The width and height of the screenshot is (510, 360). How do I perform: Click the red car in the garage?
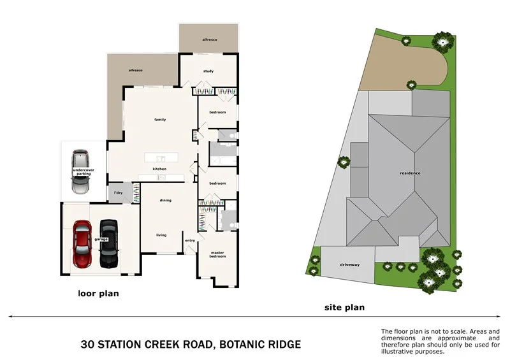[x=84, y=244]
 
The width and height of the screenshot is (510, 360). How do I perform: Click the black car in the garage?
[x=109, y=244]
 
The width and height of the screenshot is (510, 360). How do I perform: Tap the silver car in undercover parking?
[x=80, y=172]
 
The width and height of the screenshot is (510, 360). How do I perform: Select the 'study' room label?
[x=208, y=71]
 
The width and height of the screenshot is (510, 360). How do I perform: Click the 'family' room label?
[x=160, y=119]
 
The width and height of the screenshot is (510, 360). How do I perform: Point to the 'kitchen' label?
[x=159, y=168]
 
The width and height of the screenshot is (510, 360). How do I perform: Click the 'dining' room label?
[x=165, y=201]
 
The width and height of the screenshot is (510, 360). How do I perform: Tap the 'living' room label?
[x=161, y=235]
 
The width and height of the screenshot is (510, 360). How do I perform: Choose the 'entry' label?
[x=190, y=240]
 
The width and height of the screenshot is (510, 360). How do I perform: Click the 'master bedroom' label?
[x=218, y=254]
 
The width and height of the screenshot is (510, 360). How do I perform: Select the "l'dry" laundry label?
[x=118, y=193]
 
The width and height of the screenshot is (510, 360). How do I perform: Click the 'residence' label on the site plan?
[x=410, y=173]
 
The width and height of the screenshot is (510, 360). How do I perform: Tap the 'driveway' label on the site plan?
[x=349, y=264]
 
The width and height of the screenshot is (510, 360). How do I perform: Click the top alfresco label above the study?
[x=210, y=40]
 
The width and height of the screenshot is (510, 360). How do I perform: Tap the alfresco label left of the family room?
[x=135, y=70]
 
